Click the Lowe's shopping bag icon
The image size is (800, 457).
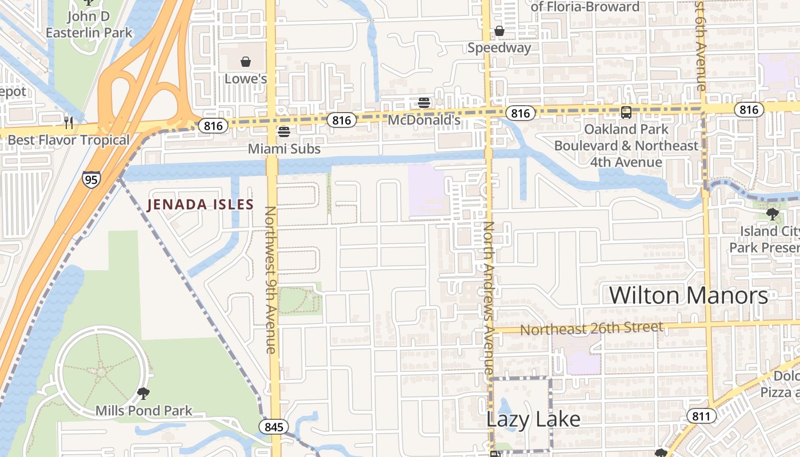[246, 61]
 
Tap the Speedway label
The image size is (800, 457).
[499, 48]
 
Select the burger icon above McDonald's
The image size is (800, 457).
[424, 103]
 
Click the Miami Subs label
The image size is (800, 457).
[284, 149]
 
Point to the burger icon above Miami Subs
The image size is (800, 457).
[283, 132]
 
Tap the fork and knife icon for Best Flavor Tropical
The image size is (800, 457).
[69, 122]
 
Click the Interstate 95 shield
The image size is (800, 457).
[91, 179]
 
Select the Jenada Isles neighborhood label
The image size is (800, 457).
[200, 205]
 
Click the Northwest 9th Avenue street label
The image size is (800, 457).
[270, 280]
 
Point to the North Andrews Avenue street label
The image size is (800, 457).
[488, 297]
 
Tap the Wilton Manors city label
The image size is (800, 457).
[688, 295]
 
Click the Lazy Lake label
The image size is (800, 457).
[533, 419]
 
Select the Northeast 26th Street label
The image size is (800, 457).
[591, 328]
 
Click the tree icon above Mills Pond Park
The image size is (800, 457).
[143, 393]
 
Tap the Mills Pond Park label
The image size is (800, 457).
[144, 410]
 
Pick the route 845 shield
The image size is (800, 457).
[273, 427]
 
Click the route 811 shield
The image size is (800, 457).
[701, 416]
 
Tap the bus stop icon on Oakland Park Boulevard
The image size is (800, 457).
[626, 112]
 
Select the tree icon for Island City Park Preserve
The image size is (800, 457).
[772, 214]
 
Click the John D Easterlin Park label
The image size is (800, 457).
[89, 24]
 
